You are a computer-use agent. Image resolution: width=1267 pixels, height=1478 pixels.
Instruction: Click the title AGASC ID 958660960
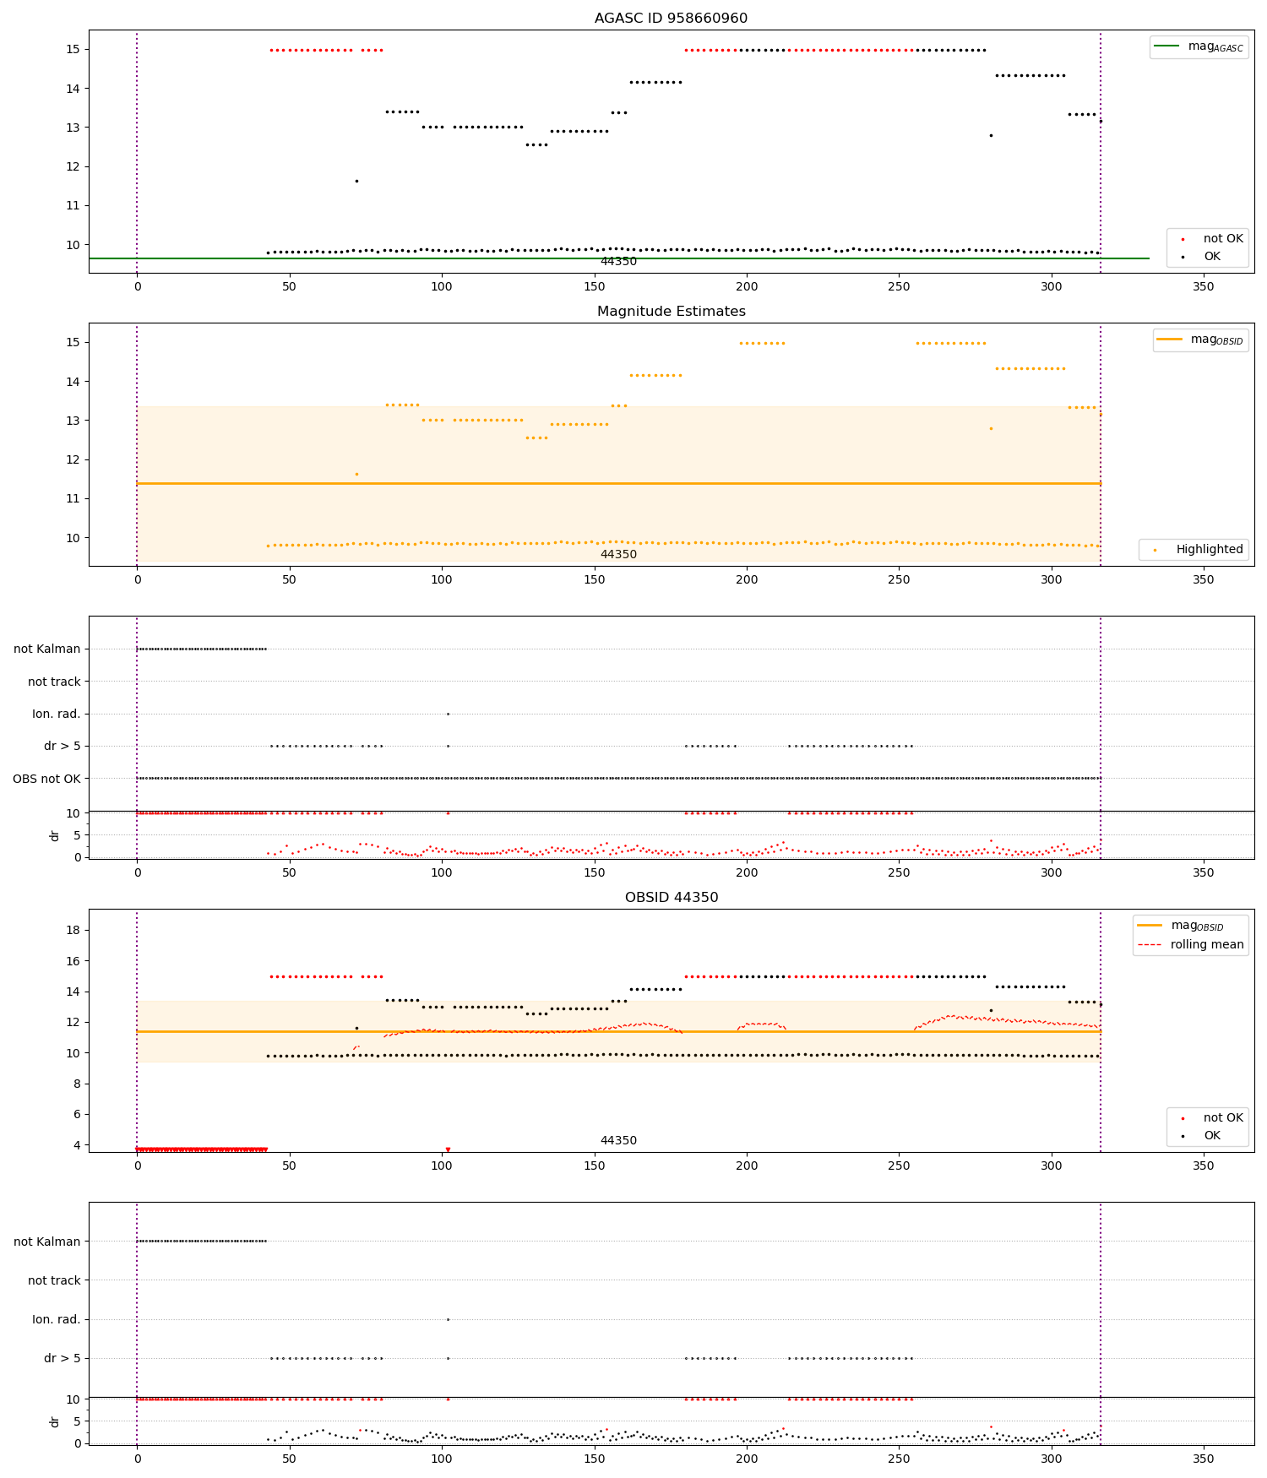[x=671, y=19]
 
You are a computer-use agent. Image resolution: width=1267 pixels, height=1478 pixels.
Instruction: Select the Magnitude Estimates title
[x=671, y=312]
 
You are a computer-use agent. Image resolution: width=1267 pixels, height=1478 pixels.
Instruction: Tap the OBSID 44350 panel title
[x=671, y=898]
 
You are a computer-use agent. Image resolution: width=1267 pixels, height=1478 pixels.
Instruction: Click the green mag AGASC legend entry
[x=1199, y=46]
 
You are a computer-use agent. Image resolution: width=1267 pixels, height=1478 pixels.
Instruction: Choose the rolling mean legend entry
[x=1191, y=945]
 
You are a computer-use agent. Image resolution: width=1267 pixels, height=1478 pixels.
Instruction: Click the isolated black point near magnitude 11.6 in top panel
[x=356, y=181]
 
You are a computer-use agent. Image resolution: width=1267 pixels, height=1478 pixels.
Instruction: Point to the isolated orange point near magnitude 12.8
[x=991, y=428]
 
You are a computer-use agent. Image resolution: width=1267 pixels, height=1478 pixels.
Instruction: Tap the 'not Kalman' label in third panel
[x=47, y=649]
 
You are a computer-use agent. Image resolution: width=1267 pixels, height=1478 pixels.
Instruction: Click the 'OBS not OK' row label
[x=46, y=779]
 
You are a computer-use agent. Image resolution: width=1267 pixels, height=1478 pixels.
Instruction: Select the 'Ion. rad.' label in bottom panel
[x=57, y=1319]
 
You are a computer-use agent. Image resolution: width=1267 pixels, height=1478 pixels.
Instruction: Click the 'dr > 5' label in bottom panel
[x=63, y=1358]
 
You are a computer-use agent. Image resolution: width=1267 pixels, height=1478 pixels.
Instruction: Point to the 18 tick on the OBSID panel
[x=73, y=930]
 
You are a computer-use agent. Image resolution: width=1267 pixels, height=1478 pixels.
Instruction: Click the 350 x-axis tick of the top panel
[x=1203, y=286]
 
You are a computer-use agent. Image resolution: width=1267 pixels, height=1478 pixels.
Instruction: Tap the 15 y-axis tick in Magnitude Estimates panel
[x=73, y=343]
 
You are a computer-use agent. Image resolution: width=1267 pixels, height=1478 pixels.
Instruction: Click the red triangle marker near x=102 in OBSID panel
[x=448, y=1149]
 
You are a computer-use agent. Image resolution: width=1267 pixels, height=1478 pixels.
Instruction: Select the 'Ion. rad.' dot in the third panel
[x=448, y=714]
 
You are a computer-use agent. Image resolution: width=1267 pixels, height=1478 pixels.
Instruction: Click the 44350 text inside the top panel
[x=618, y=262]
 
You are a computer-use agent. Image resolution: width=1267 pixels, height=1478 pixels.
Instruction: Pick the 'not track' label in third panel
[x=54, y=682]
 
